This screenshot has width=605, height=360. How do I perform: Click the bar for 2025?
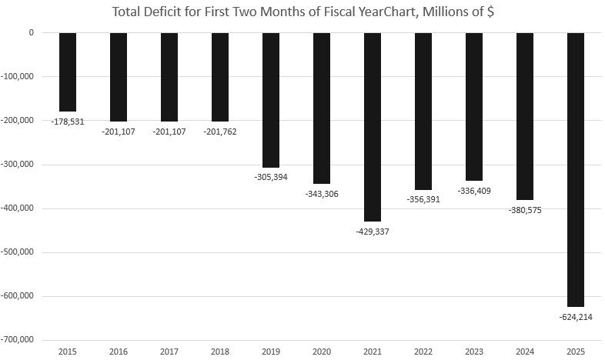[x=575, y=169]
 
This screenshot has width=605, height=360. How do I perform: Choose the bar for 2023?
[x=474, y=106]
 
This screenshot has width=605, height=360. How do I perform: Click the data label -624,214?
[x=575, y=316]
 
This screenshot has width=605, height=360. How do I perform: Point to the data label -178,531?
[x=68, y=122]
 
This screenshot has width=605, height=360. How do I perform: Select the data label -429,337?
[x=373, y=232]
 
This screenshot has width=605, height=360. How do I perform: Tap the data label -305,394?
[x=271, y=177]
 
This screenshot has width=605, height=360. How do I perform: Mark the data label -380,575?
[x=524, y=210]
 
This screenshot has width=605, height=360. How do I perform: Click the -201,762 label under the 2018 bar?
[x=220, y=132]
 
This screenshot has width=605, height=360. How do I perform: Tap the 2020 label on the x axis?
[x=322, y=352]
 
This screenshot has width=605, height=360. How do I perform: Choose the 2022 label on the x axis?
[x=423, y=352]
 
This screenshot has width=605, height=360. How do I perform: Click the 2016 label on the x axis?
[x=119, y=352]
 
